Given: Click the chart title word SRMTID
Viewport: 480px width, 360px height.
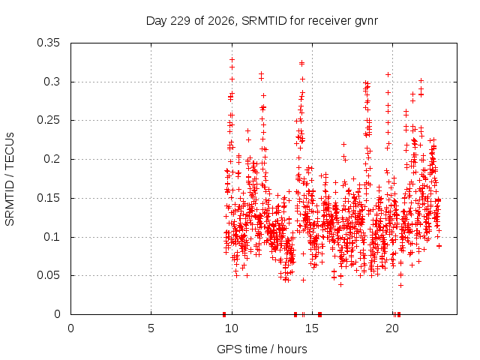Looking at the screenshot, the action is [x=264, y=21].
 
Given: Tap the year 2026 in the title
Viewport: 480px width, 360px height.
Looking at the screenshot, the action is [x=221, y=21].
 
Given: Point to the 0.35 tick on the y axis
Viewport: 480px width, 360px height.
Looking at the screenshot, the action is [x=48, y=43].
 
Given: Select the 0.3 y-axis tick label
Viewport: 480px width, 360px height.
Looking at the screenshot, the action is [x=52, y=82].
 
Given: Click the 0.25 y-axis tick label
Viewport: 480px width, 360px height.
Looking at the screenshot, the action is [x=48, y=120].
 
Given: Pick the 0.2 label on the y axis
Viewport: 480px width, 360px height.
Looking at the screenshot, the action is [x=52, y=159].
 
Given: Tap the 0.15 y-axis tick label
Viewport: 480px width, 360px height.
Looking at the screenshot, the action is [x=48, y=198].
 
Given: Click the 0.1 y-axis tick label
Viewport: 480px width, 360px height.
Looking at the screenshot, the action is [x=52, y=237].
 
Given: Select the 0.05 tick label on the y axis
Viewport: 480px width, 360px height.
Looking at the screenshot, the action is [x=48, y=275].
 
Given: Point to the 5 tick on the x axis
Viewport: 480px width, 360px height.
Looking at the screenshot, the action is [x=151, y=328].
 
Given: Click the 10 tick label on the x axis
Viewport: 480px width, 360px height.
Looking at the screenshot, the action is [x=232, y=328].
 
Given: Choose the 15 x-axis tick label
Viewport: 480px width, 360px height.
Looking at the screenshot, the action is [x=312, y=328].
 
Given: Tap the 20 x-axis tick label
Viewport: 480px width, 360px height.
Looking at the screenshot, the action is [x=392, y=328].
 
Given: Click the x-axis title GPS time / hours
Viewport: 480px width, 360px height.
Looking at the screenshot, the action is [x=262, y=349].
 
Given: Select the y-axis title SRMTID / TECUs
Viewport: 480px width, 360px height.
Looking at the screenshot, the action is [x=10, y=179].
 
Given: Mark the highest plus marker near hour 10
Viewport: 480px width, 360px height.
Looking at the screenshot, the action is [x=232, y=60].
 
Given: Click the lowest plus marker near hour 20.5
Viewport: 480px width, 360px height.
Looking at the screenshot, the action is [x=400, y=285].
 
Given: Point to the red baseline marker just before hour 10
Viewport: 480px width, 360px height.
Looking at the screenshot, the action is [x=224, y=314].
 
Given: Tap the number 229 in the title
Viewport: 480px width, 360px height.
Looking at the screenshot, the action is [x=180, y=21].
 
